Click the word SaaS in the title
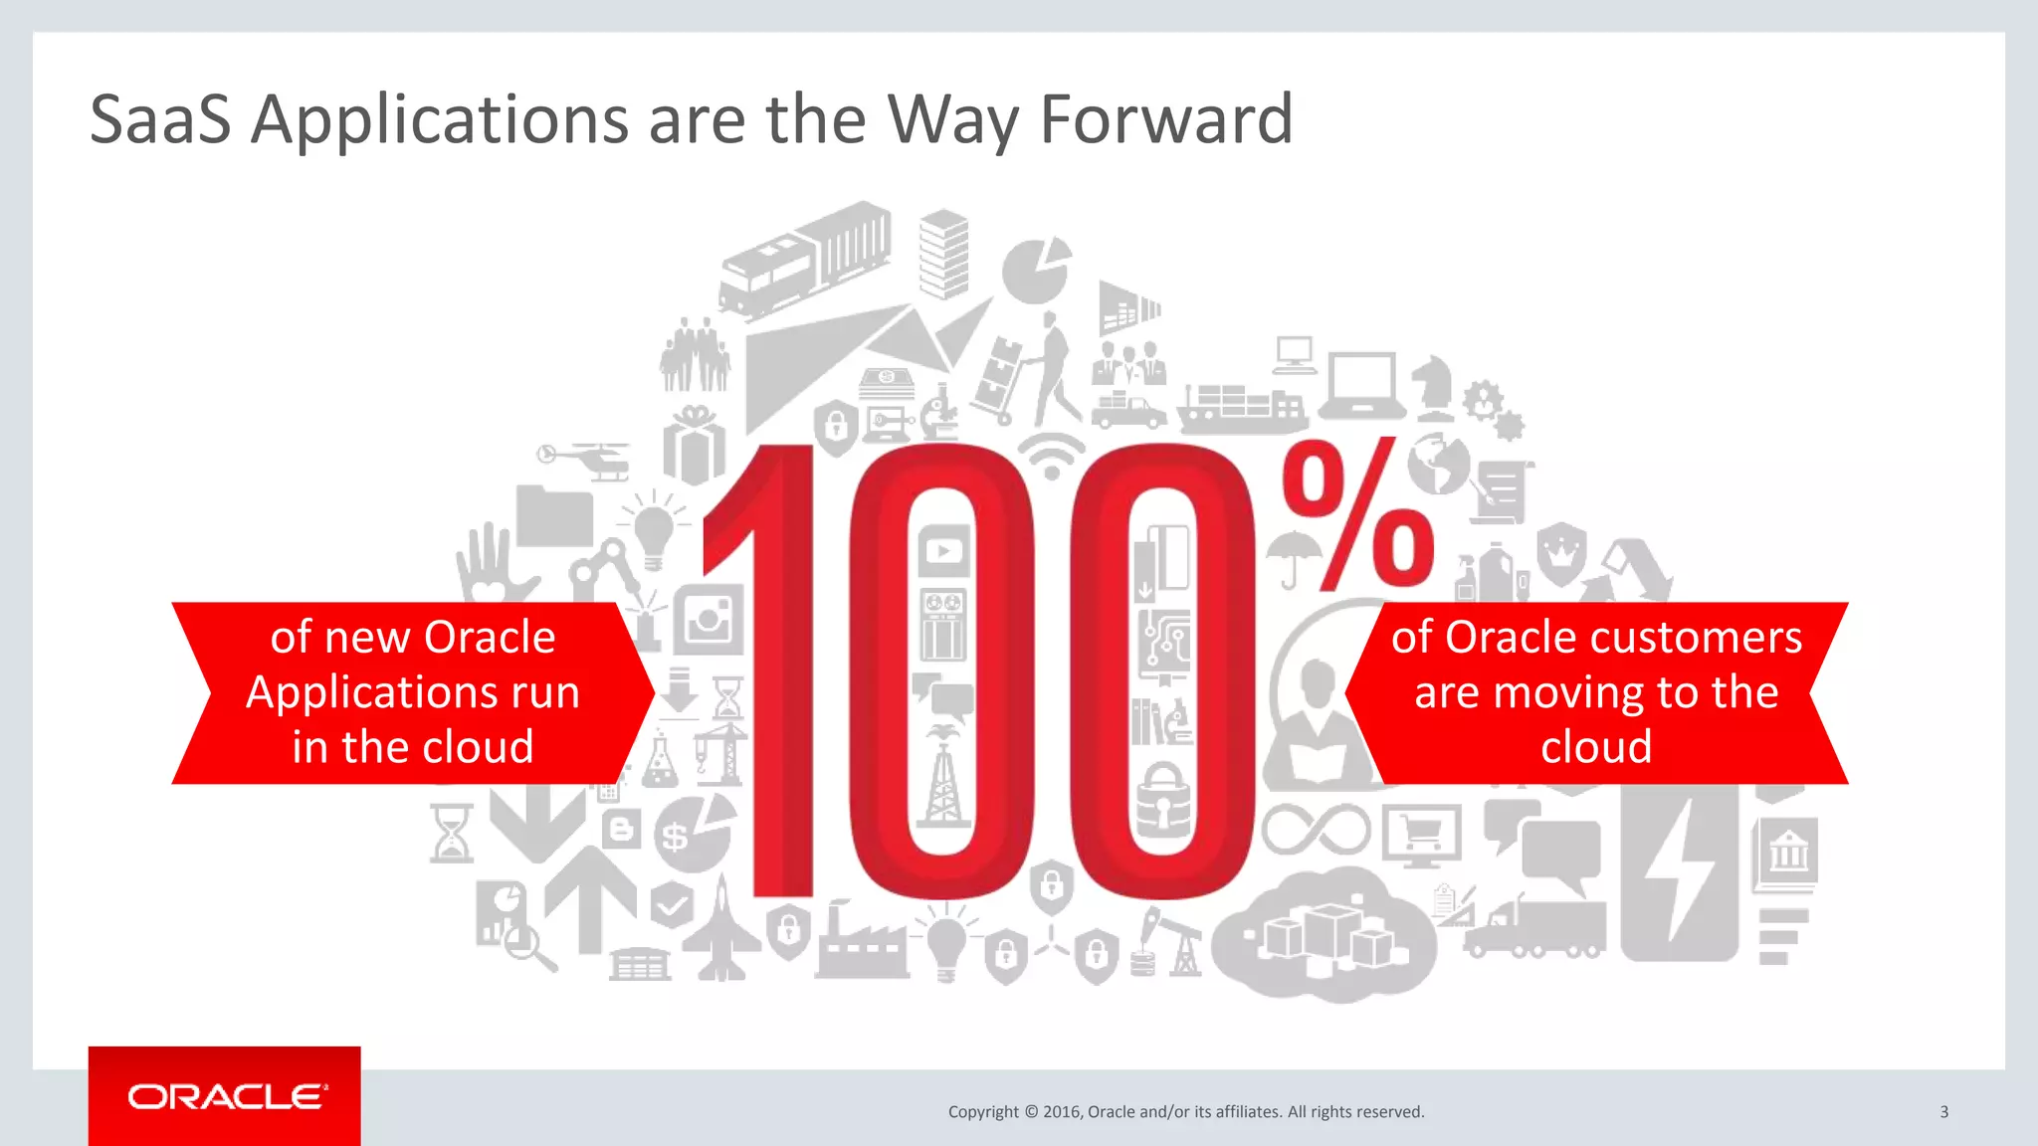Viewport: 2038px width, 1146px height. point(159,119)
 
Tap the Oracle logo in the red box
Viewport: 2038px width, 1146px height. point(226,1096)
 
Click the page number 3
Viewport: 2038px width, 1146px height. point(1943,1111)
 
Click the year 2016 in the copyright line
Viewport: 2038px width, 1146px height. point(1062,1111)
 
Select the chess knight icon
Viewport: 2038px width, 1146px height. point(1434,388)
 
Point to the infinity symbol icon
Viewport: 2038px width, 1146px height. point(1316,829)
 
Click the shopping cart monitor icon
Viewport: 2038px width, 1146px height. point(1421,835)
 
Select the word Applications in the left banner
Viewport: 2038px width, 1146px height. point(412,692)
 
